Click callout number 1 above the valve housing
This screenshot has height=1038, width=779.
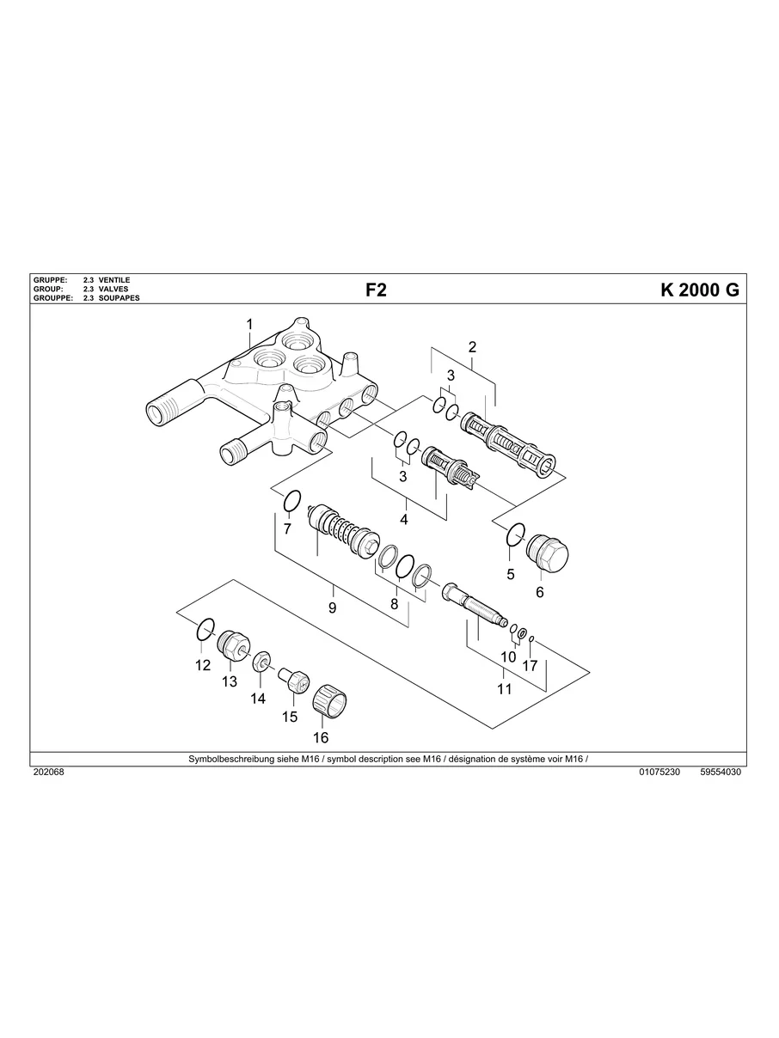click(x=250, y=324)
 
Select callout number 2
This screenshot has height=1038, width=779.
click(x=472, y=347)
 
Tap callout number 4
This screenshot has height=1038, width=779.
click(x=403, y=519)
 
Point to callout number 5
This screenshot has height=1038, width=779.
click(x=510, y=574)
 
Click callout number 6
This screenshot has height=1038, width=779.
click(x=540, y=592)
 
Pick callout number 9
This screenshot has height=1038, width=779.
click(x=332, y=608)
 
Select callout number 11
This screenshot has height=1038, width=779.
click(x=504, y=688)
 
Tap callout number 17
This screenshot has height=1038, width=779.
click(x=530, y=665)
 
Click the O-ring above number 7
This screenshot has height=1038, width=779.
click(x=291, y=500)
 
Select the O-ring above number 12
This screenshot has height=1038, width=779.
click(x=205, y=630)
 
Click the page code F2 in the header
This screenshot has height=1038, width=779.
click(x=376, y=290)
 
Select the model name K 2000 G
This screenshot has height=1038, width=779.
click(x=699, y=290)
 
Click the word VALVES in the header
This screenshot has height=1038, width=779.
click(x=113, y=290)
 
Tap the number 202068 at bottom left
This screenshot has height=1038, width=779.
click(x=48, y=772)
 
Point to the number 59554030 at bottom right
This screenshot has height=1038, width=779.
click(x=721, y=772)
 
